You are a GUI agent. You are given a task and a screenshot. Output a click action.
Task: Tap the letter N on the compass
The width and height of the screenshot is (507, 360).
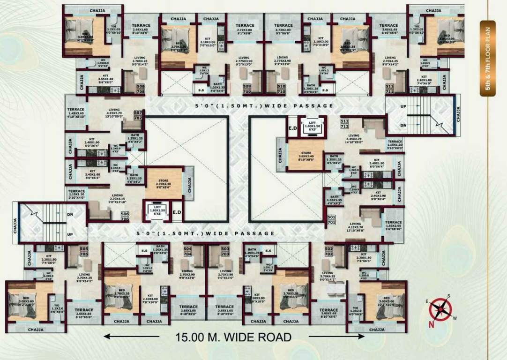tap(432, 323)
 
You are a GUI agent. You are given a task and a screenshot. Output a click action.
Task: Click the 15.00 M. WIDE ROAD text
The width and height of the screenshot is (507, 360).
tap(233, 337)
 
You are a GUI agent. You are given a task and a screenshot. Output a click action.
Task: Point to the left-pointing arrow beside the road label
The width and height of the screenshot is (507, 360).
tap(131, 336)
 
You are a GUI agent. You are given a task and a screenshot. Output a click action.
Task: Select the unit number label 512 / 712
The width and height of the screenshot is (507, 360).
tap(344, 124)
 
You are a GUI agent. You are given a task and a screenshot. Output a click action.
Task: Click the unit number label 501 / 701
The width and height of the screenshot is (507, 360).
tap(331, 220)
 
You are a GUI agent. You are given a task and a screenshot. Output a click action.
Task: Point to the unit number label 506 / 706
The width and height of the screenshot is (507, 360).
tap(125, 216)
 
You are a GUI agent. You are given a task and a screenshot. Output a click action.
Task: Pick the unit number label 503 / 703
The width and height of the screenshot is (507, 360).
tap(225, 251)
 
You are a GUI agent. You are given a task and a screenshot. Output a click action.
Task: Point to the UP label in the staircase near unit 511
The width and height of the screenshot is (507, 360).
tap(403, 106)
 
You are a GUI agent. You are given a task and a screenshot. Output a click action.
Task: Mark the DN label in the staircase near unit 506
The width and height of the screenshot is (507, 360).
tap(70, 215)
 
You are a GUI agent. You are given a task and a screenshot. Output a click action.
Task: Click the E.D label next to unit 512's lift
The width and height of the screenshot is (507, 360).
tap(292, 127)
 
